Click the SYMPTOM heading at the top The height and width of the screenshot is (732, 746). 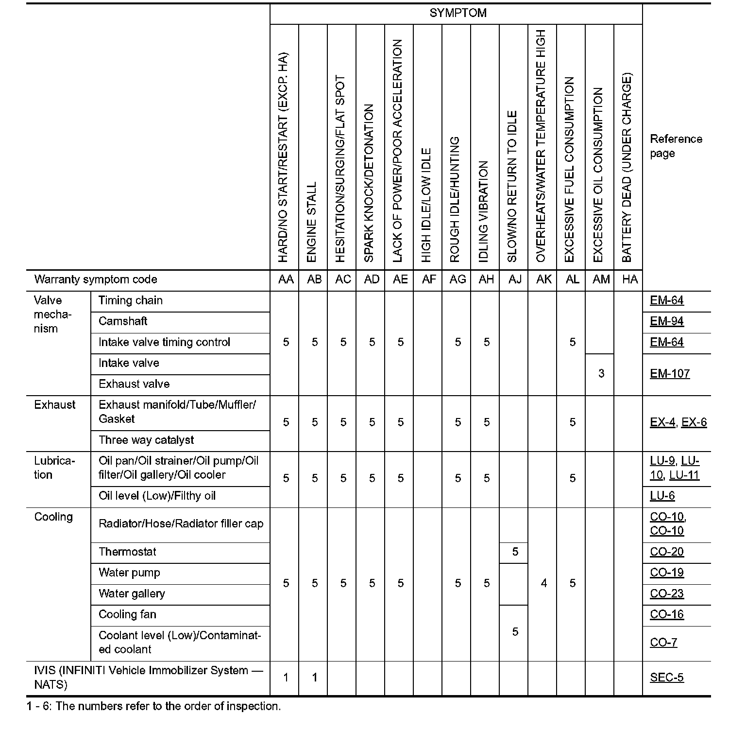(458, 13)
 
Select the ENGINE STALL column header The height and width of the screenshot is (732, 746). (312, 222)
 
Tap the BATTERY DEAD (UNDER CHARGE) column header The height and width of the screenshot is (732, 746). (627, 168)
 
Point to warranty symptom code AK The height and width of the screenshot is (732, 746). (543, 279)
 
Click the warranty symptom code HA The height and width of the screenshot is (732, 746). (629, 279)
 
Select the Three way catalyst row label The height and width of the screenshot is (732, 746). (146, 440)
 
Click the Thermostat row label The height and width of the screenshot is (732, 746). (127, 552)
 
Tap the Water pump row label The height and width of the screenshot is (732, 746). (129, 573)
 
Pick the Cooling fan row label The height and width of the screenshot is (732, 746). (127, 614)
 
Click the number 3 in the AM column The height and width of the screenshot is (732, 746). (601, 373)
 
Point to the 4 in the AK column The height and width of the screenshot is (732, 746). (543, 583)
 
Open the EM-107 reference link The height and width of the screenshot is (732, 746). (669, 374)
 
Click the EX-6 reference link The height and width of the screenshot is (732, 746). (694, 422)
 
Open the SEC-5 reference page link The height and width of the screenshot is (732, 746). (666, 678)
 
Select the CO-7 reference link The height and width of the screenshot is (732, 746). (663, 643)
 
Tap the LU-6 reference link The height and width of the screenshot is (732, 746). (662, 496)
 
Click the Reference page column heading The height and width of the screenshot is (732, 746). (676, 146)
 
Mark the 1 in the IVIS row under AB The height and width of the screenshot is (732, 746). (314, 678)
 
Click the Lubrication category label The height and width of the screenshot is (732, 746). (54, 468)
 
